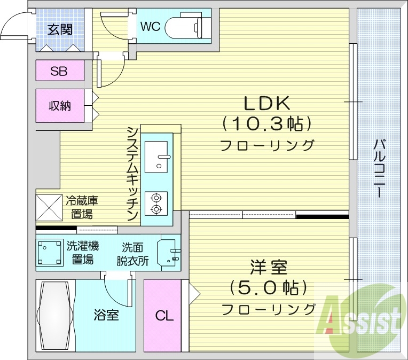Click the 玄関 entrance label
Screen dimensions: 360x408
click(59, 30)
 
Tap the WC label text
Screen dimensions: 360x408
click(151, 26)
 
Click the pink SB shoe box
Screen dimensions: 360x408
click(60, 71)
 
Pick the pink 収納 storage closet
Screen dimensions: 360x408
click(60, 106)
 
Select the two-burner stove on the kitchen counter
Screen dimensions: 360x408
click(156, 204)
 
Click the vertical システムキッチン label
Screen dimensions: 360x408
click(133, 174)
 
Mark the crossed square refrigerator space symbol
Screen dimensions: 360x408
click(50, 207)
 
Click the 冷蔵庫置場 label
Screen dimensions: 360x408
click(81, 207)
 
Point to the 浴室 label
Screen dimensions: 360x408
click(106, 315)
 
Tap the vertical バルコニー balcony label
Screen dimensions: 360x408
click(380, 168)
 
